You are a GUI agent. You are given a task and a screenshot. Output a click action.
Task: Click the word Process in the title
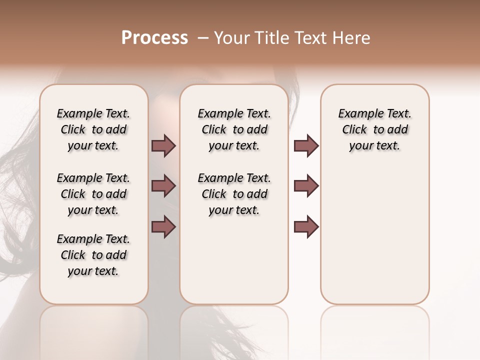(x=154, y=38)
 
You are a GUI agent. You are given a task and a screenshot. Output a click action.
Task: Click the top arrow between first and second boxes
(x=163, y=145)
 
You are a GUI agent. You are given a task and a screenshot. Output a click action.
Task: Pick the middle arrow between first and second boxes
(x=163, y=186)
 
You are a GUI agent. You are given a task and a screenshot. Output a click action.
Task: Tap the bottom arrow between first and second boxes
(x=163, y=227)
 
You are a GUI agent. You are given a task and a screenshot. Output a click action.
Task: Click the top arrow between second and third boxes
(x=306, y=145)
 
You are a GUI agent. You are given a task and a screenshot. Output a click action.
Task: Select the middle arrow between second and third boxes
(x=306, y=186)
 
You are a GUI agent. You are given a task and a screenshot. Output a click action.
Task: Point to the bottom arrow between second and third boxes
(x=306, y=227)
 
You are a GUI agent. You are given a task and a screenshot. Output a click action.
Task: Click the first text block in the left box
(x=93, y=129)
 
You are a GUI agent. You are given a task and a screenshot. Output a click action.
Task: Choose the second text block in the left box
(x=93, y=194)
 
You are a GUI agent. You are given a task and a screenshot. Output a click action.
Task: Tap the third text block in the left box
(x=93, y=255)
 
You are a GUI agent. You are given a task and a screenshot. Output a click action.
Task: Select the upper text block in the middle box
(x=234, y=129)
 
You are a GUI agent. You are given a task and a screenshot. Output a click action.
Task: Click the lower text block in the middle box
(x=234, y=194)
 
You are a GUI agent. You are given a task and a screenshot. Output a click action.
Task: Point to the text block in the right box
(x=374, y=129)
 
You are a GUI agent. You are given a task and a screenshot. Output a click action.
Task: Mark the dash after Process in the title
(x=202, y=38)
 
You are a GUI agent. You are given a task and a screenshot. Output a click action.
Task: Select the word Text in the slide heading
(x=309, y=38)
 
